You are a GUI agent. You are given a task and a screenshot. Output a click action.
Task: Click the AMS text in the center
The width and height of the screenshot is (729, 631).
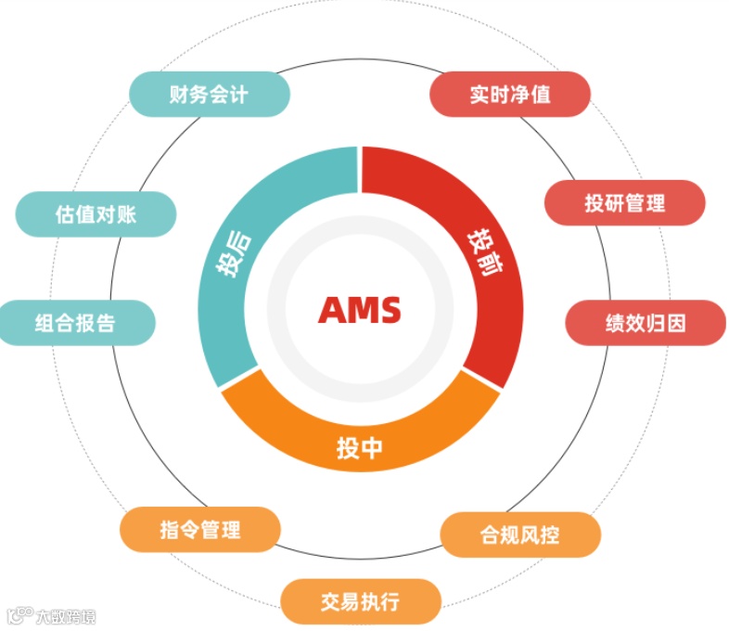pos(360,309)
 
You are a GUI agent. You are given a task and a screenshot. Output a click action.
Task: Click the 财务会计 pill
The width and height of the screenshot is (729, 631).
pos(209,94)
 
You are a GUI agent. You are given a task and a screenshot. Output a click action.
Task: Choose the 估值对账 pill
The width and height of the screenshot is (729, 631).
pos(96,213)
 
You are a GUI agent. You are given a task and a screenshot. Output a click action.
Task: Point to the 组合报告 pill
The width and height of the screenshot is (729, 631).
pos(76,323)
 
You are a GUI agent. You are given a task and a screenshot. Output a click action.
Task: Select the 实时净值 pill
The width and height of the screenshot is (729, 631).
pos(510,94)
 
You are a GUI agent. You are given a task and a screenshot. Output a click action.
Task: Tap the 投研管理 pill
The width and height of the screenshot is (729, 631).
pos(624,202)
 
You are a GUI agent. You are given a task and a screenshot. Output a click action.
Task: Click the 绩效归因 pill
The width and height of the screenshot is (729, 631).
pos(646,323)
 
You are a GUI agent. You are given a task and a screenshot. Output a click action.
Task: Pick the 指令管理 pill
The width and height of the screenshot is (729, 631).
pos(199,530)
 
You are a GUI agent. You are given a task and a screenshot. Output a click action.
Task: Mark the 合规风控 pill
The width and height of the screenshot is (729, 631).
pos(519,534)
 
